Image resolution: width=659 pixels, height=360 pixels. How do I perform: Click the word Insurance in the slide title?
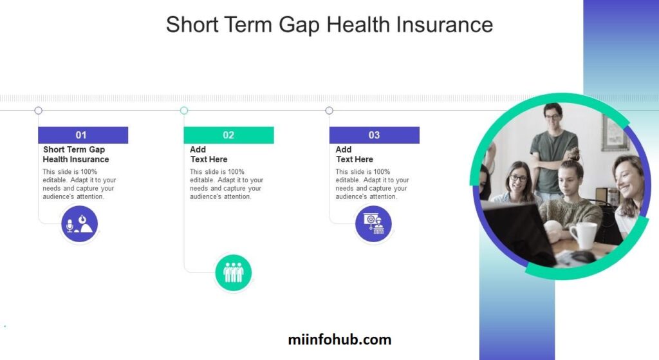pyautogui.click(x=444, y=24)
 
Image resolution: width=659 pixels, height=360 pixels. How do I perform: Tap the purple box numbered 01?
pyautogui.click(x=83, y=135)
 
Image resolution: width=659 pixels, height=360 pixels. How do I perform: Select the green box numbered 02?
pyautogui.click(x=228, y=135)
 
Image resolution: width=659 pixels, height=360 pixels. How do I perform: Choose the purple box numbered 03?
pyautogui.click(x=374, y=135)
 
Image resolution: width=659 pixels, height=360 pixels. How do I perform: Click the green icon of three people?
pyautogui.click(x=233, y=272)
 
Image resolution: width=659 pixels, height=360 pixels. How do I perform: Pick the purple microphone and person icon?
pyautogui.click(x=79, y=223)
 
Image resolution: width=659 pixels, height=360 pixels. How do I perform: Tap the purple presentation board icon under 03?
pyautogui.click(x=373, y=223)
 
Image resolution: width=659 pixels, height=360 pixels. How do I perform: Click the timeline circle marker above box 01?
pyautogui.click(x=38, y=111)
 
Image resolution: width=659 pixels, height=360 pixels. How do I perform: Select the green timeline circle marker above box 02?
pyautogui.click(x=184, y=111)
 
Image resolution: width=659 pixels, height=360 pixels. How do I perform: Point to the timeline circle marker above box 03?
pyautogui.click(x=329, y=111)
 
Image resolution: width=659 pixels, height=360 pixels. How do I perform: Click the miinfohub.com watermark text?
pyautogui.click(x=340, y=339)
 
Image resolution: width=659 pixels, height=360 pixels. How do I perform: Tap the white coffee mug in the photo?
pyautogui.click(x=584, y=235)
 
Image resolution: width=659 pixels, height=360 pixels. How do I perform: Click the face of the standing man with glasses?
pyautogui.click(x=553, y=117)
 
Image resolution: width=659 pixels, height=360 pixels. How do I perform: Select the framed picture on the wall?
pyautogui.click(x=615, y=133)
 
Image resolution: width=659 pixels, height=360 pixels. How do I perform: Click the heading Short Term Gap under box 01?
pyautogui.click(x=74, y=149)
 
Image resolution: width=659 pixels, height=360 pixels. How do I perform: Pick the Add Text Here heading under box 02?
pyautogui.click(x=209, y=155)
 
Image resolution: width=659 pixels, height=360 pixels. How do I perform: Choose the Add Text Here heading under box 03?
pyautogui.click(x=355, y=155)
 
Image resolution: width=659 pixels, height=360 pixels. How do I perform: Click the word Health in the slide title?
pyautogui.click(x=358, y=24)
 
